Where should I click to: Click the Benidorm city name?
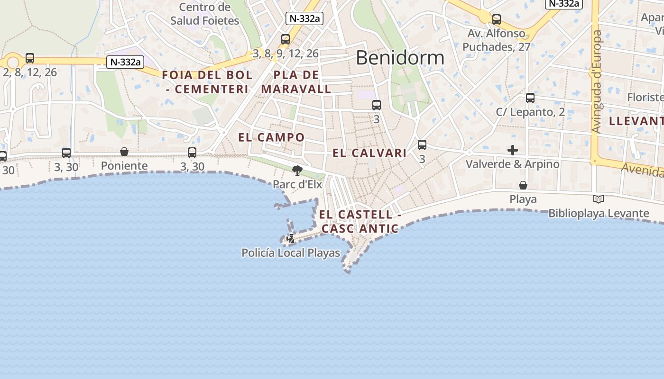[400, 58]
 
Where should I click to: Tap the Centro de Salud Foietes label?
[205, 14]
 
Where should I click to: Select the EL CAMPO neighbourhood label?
[271, 137]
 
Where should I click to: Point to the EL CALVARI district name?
[369, 153]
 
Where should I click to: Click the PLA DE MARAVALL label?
[296, 82]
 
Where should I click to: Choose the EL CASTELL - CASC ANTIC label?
[359, 221]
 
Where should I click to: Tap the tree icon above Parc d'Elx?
[297, 170]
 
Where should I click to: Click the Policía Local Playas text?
[291, 253]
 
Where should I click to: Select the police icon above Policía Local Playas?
[291, 239]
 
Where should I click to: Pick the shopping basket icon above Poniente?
[124, 152]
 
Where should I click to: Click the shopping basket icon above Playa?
[523, 185]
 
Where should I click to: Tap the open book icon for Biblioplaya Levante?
[599, 199]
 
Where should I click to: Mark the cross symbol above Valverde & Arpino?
[512, 150]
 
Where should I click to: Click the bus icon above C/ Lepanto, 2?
[530, 98]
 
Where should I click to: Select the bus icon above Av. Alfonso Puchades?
[497, 19]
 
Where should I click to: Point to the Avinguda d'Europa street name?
[597, 81]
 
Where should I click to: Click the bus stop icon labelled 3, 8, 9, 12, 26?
[286, 39]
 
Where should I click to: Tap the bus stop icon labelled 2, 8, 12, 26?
[30, 58]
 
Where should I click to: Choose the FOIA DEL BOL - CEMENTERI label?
[207, 82]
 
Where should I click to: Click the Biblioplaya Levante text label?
[599, 213]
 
